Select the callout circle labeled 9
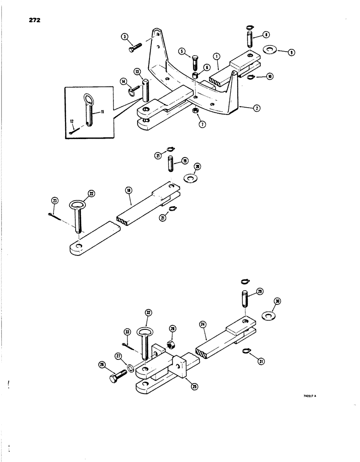(292, 53)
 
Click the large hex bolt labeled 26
(114, 378)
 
